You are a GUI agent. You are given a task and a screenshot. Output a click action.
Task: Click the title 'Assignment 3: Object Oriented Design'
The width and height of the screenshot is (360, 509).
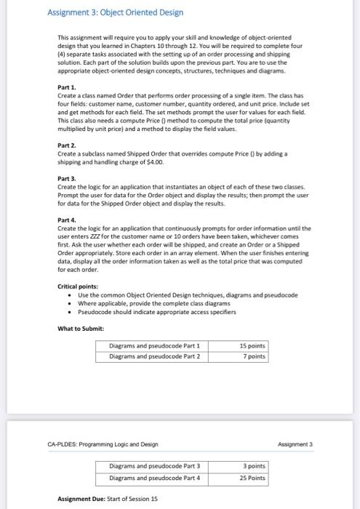point(115,12)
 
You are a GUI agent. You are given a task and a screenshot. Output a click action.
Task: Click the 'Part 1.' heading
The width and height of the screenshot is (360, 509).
point(68,107)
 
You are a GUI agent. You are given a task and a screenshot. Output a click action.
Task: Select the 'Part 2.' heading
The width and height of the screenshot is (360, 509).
point(68,145)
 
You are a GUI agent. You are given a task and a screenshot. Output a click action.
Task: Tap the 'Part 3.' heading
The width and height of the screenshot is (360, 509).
point(68,178)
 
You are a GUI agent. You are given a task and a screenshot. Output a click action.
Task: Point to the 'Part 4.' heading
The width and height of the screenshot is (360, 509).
point(68,219)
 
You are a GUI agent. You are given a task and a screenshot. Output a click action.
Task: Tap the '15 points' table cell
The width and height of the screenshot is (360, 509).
point(252,346)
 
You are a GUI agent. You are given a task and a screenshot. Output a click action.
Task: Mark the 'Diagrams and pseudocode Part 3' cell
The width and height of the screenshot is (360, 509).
point(154,465)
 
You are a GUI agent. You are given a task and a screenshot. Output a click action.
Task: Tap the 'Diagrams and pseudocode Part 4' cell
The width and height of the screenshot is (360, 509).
point(154,477)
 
